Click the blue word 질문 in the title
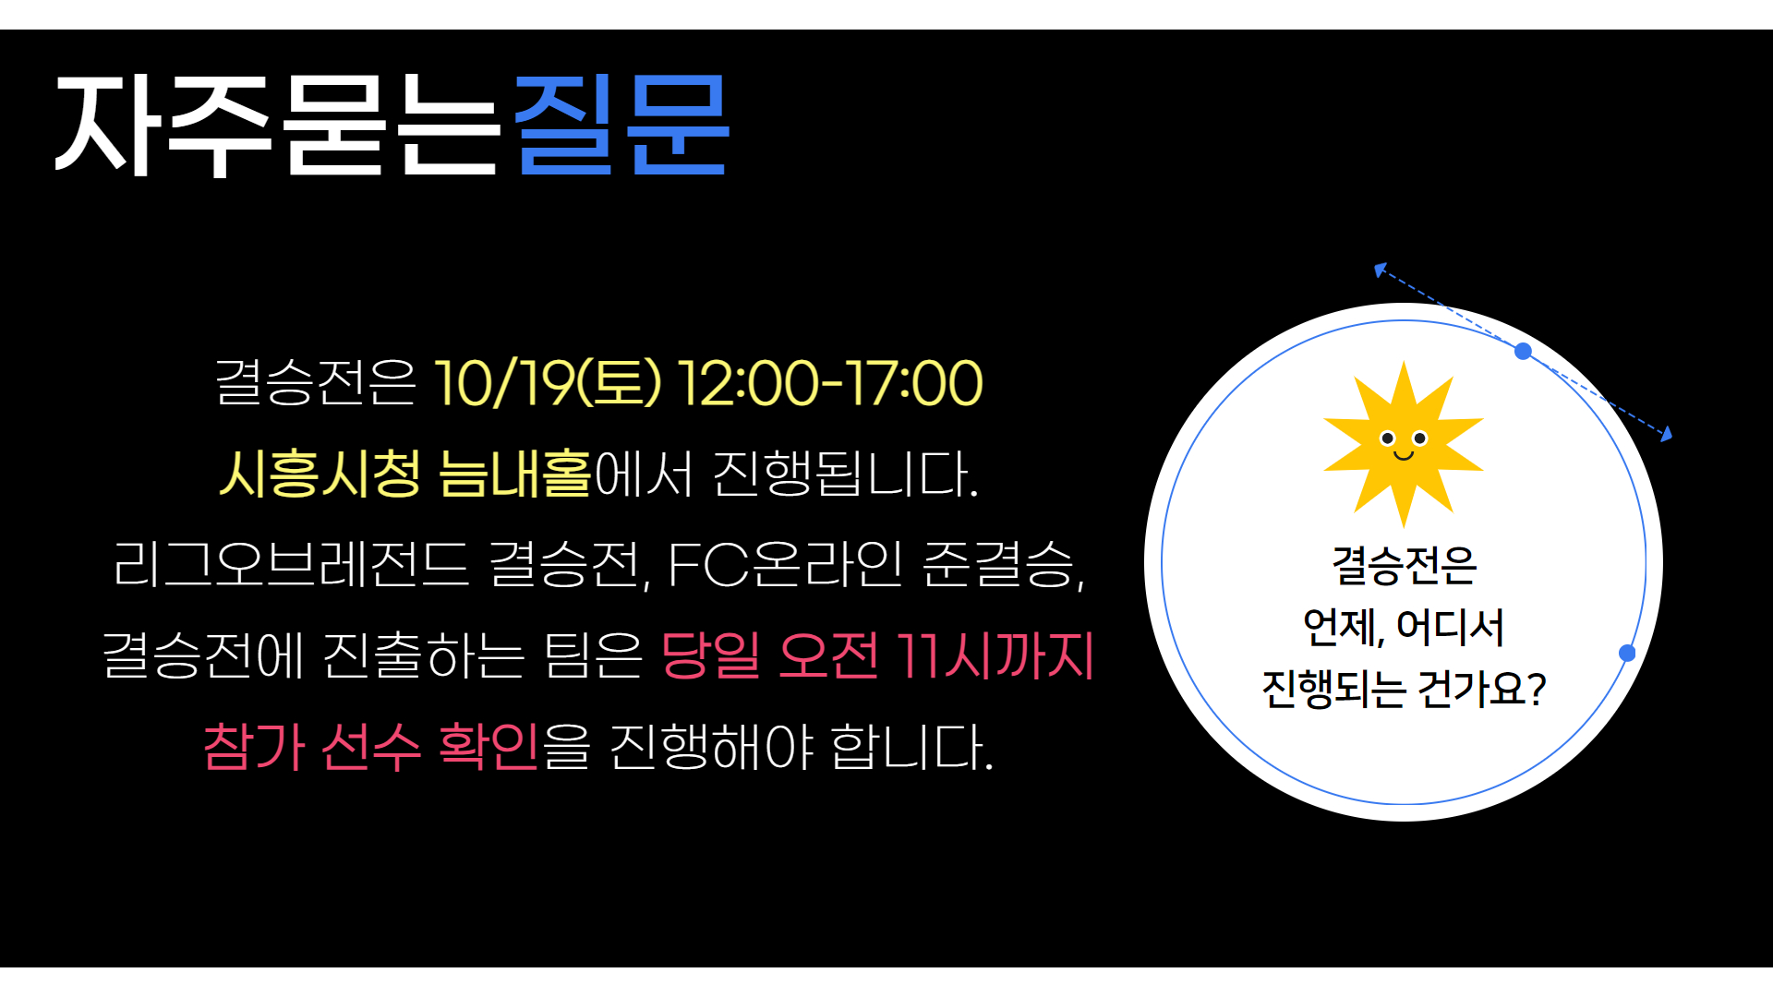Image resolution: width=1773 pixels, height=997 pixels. [621, 125]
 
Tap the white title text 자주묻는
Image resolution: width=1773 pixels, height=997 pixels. [277, 125]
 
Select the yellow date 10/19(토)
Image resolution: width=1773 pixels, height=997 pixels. [548, 383]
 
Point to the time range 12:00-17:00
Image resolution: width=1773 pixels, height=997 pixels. [830, 383]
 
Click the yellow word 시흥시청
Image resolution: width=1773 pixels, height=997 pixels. [320, 473]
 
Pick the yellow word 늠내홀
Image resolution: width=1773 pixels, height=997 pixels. [514, 473]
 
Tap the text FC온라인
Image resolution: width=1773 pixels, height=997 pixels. [784, 563]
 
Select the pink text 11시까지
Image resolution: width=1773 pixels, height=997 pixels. [995, 655]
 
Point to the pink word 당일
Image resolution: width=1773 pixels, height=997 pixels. [711, 655]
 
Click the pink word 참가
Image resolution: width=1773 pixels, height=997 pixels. [254, 746]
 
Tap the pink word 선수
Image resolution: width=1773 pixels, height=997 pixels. [371, 746]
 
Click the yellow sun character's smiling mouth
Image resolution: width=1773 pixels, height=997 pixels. [1404, 455]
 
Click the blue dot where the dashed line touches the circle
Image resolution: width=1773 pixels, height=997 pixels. [1524, 351]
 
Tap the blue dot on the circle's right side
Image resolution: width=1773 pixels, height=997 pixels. [1627, 653]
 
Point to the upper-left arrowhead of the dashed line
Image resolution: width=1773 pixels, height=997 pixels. [1379, 269]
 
